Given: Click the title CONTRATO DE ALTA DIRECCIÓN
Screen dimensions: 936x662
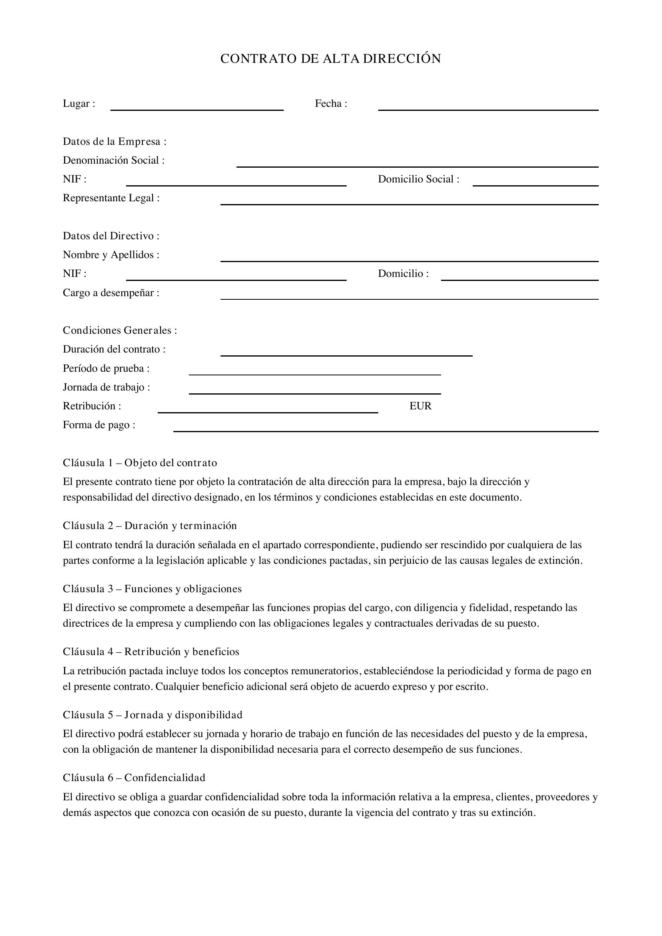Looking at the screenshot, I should pyautogui.click(x=331, y=59).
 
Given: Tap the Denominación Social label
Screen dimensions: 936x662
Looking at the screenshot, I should pyautogui.click(x=114, y=160).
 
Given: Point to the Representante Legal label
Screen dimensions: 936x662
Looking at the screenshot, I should pyautogui.click(x=111, y=198).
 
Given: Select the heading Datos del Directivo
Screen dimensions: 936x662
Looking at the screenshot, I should pyautogui.click(x=111, y=236).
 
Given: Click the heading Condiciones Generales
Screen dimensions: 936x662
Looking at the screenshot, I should pyautogui.click(x=120, y=330).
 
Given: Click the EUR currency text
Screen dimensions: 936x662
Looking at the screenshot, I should pyautogui.click(x=420, y=406).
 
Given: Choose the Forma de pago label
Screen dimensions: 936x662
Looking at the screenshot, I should pyautogui.click(x=98, y=425).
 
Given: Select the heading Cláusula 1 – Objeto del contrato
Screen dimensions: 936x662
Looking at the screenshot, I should pyautogui.click(x=140, y=463).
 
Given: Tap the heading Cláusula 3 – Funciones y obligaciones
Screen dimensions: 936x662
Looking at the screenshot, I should pyautogui.click(x=152, y=589).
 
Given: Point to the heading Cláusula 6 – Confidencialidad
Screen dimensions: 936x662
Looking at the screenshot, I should pyautogui.click(x=134, y=778).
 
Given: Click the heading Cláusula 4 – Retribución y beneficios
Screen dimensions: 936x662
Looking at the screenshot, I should pyautogui.click(x=151, y=651).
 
